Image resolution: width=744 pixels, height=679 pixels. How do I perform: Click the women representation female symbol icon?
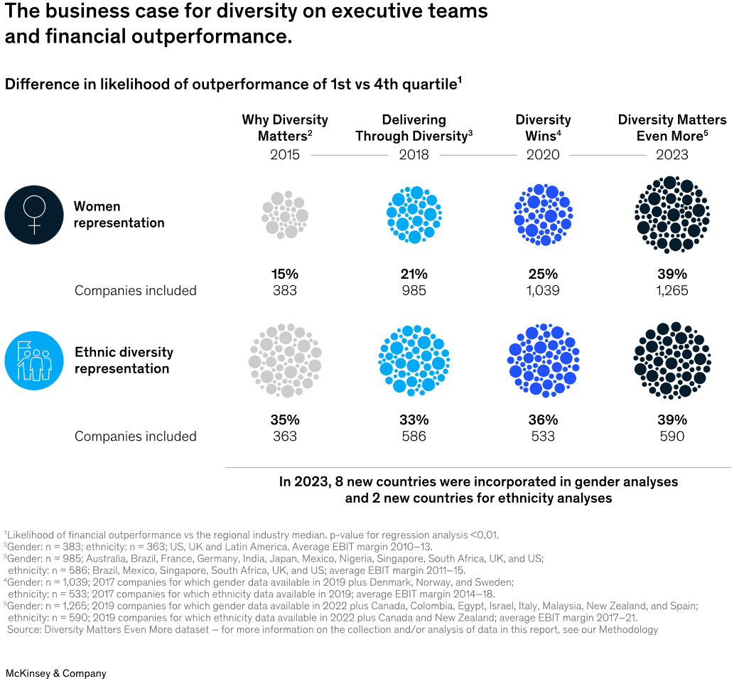[34, 215]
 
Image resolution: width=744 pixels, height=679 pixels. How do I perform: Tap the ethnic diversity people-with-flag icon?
[34, 360]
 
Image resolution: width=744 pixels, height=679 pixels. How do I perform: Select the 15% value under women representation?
[285, 274]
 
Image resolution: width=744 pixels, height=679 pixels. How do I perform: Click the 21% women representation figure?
[414, 274]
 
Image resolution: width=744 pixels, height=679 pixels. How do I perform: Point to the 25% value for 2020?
[543, 274]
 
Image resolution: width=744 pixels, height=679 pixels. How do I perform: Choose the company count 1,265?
[672, 290]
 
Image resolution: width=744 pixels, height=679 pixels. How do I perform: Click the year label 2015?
[285, 154]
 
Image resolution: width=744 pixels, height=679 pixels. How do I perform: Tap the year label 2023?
[672, 154]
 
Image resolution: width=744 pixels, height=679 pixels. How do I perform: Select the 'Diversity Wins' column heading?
[543, 128]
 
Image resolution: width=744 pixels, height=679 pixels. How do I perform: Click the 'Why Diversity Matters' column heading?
[285, 128]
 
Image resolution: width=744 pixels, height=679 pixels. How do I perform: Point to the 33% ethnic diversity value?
[414, 419]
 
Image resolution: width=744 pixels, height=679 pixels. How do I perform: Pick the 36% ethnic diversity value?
[543, 419]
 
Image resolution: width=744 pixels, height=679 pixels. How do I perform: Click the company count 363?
[285, 436]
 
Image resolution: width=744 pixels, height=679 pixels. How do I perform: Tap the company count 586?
[414, 436]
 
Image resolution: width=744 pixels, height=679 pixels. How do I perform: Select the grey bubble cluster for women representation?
[285, 214]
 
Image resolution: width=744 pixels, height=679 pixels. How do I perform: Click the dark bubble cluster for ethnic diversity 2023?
[672, 360]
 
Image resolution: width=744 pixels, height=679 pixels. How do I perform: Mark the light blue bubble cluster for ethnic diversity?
[414, 360]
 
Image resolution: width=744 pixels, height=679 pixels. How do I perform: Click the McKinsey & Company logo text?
[55, 673]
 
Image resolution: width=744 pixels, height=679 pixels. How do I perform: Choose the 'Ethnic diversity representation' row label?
[124, 360]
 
